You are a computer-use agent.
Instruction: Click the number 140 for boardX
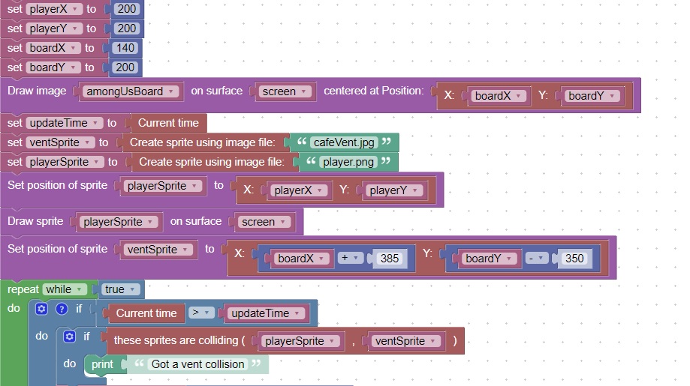[x=125, y=48]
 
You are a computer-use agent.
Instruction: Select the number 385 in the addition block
[x=390, y=259]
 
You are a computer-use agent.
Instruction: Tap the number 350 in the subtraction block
[x=574, y=259]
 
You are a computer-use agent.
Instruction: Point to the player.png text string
[x=348, y=162]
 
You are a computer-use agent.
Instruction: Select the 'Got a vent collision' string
[x=197, y=364]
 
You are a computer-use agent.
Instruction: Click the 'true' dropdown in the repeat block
[x=119, y=289]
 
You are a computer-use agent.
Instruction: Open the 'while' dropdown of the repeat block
[x=62, y=289]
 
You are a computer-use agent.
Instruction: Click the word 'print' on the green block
[x=102, y=364]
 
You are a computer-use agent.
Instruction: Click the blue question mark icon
[x=62, y=309]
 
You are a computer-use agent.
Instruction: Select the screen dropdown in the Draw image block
[x=285, y=91]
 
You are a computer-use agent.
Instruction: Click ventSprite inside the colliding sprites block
[x=405, y=341]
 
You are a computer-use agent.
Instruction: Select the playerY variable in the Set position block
[x=393, y=190]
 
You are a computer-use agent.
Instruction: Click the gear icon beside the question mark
[x=42, y=309]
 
